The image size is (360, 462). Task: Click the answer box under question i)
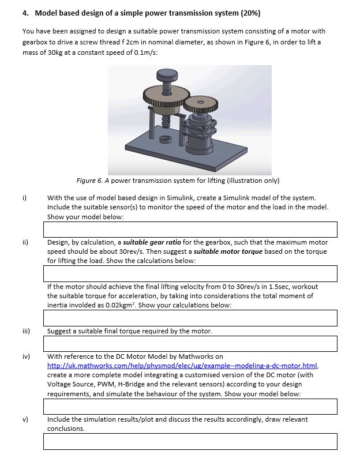pyautogui.click(x=190, y=230)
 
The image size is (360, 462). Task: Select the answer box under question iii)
pyautogui.click(x=190, y=344)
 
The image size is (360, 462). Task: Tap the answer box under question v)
pyautogui.click(x=190, y=442)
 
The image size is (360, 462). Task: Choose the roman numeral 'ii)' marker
pyautogui.click(x=25, y=243)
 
